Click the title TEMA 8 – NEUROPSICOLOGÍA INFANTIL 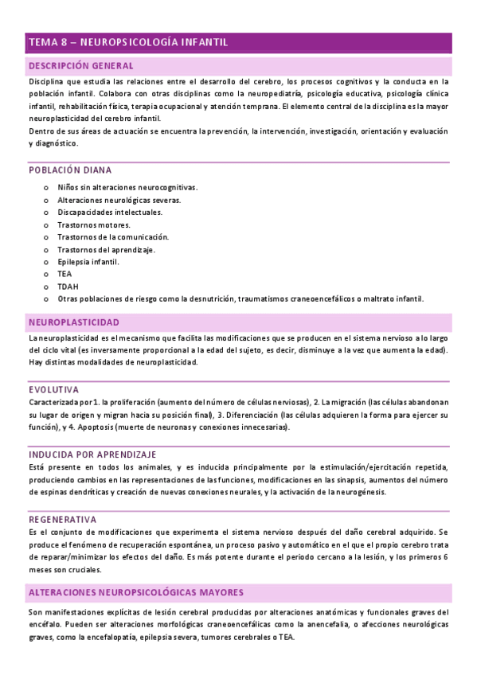[128, 42]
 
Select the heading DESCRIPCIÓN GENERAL [80, 66]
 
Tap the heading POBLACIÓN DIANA [70, 170]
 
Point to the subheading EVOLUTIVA [53, 389]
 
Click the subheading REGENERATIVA [63, 519]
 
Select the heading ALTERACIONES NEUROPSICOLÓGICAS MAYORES [135, 593]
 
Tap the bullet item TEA [65, 274]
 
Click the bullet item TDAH [68, 287]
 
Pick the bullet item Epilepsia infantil [88, 262]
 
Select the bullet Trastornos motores [94, 224]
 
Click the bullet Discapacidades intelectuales [110, 213]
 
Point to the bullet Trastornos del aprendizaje [106, 249]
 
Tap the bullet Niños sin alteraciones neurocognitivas [127, 188]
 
